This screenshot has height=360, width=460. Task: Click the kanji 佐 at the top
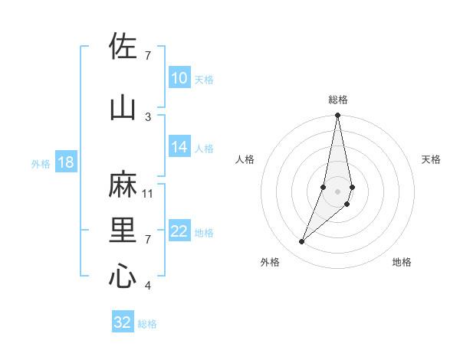click(x=123, y=47)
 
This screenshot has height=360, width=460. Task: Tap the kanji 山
click(x=123, y=107)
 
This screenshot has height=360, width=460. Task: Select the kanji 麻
click(x=123, y=185)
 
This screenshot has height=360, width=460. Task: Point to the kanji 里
click(x=123, y=231)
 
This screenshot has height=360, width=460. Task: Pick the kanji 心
click(x=123, y=277)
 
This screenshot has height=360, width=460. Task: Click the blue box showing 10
click(x=179, y=79)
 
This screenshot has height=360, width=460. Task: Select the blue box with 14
click(x=179, y=148)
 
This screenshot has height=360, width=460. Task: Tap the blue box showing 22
click(x=179, y=232)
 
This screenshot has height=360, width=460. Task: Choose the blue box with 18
click(x=65, y=163)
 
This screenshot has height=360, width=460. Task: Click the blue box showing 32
click(x=123, y=322)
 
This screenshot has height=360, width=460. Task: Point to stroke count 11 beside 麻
click(x=148, y=193)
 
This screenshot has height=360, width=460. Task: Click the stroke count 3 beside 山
click(x=148, y=116)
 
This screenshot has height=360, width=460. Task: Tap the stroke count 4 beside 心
click(x=148, y=286)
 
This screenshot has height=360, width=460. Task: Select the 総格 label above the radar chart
click(x=338, y=100)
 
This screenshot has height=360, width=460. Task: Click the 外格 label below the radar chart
click(x=270, y=262)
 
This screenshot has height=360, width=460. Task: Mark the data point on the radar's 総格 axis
click(x=338, y=116)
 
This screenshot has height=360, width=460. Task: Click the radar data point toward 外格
click(x=301, y=242)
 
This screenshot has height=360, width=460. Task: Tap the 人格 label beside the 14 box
click(x=204, y=149)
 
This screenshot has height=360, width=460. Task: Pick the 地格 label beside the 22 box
click(x=204, y=233)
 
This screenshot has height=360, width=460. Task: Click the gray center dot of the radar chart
click(x=338, y=191)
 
